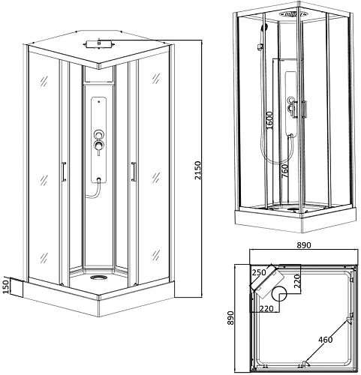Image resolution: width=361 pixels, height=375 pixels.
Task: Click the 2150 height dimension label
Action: click(198, 170)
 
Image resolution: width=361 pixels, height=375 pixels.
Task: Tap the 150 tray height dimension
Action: click(6, 286)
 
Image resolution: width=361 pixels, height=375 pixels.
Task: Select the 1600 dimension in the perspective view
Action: click(269, 120)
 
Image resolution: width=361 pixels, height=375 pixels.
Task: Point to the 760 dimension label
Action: click(285, 170)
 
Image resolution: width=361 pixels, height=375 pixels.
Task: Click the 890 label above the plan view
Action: click(304, 245)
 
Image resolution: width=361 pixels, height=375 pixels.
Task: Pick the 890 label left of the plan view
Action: click(230, 318)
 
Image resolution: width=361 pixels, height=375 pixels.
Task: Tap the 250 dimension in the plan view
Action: click(259, 272)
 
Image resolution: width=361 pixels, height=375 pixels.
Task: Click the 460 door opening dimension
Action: click(326, 340)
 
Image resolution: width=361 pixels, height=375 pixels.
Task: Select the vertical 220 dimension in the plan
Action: click(296, 281)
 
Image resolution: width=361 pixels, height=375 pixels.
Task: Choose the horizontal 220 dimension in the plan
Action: click(266, 309)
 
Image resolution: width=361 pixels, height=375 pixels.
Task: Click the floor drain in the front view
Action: click(98, 277)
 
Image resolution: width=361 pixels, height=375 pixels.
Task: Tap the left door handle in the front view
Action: click(64, 172)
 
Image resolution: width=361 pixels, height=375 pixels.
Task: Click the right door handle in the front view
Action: click(134, 172)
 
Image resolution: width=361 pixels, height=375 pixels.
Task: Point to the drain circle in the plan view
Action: click(279, 294)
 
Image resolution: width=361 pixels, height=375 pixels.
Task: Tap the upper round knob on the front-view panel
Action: click(98, 134)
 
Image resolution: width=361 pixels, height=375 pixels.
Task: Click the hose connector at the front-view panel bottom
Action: click(99, 179)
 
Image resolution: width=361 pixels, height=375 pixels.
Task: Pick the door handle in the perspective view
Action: click(304, 109)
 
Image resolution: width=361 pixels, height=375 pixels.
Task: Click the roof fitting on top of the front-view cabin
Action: click(99, 44)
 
